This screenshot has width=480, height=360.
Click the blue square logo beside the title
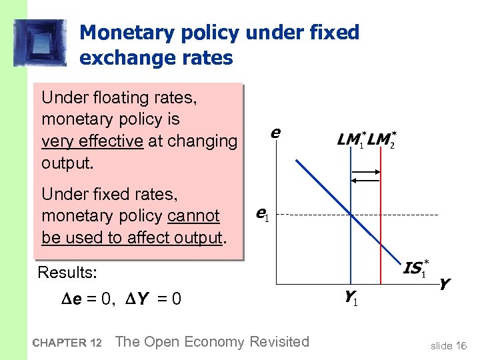pos(40,42)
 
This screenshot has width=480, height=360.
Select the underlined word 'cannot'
pos(193,215)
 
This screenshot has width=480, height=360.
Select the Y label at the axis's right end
pos(444,284)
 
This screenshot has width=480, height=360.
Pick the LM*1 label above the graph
pos(351,141)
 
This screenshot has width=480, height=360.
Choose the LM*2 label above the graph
pos(382,141)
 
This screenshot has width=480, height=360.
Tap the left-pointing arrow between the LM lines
pos(365,180)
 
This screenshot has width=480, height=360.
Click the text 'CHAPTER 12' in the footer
pos(67,343)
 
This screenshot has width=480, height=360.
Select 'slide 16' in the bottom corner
pos(449,345)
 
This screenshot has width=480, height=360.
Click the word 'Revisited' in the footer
pos(279,342)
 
